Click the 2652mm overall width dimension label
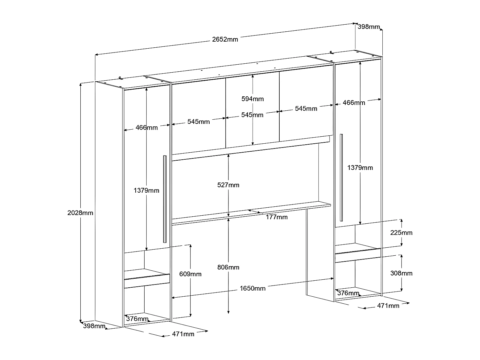pyautogui.click(x=225, y=40)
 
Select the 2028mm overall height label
pyautogui.click(x=80, y=212)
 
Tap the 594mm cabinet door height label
pyautogui.click(x=252, y=99)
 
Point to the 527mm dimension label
pyautogui.click(x=228, y=185)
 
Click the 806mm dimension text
pyautogui.click(x=228, y=267)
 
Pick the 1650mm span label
pyautogui.click(x=253, y=288)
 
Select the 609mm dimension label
pyautogui.click(x=190, y=274)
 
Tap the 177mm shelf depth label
pyautogui.click(x=276, y=217)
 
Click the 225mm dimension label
pyautogui.click(x=401, y=233)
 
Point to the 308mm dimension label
pyautogui.click(x=401, y=273)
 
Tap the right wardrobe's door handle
pyautogui.click(x=341, y=177)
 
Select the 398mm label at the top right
pyautogui.click(x=369, y=27)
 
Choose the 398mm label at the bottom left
pyautogui.click(x=94, y=326)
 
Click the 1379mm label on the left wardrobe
pyautogui.click(x=146, y=191)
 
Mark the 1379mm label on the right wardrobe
pyautogui.click(x=360, y=168)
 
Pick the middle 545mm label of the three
pyautogui.click(x=252, y=115)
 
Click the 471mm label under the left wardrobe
pyautogui.click(x=183, y=334)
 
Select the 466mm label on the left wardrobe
pyautogui.click(x=147, y=128)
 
